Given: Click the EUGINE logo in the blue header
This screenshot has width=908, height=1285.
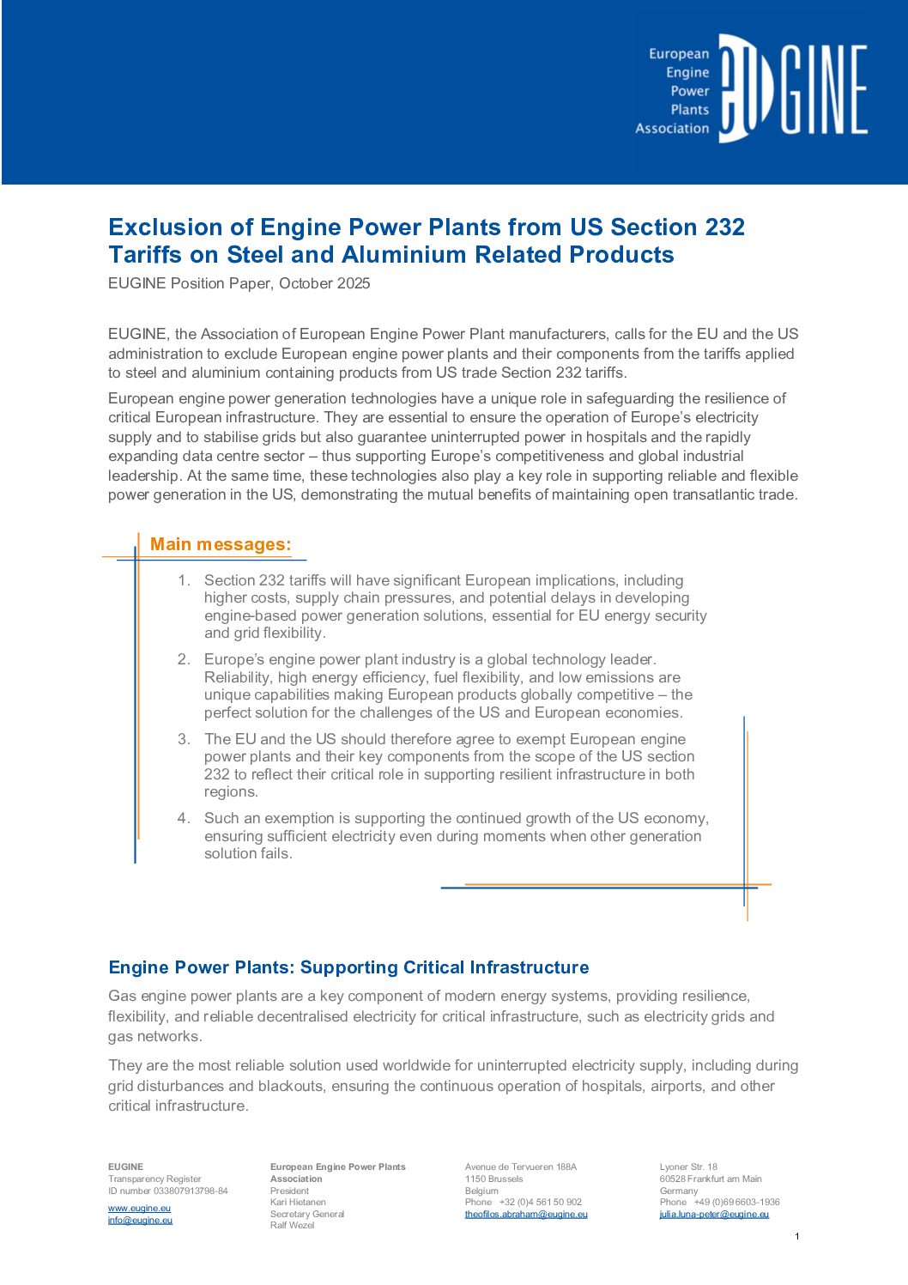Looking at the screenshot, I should [792, 88].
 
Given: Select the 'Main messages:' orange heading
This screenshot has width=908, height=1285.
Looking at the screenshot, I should [221, 544].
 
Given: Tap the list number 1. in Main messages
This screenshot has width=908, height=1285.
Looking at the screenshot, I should [184, 581].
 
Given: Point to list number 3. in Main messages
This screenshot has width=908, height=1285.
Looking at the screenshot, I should [184, 739].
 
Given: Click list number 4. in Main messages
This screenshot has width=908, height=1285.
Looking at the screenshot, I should [184, 818].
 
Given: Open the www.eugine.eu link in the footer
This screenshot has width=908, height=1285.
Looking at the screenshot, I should [139, 1209].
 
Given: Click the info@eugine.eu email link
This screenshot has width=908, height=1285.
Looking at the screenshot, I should [140, 1221].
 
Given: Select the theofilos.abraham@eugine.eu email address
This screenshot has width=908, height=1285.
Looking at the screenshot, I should [526, 1215].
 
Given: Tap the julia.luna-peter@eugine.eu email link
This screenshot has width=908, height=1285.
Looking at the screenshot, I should [714, 1215].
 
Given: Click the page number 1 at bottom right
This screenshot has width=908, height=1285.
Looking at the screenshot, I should [797, 1236].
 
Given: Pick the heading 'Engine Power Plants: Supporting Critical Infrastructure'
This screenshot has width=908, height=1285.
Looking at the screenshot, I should [348, 967].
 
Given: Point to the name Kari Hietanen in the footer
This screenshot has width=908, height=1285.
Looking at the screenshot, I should [298, 1203].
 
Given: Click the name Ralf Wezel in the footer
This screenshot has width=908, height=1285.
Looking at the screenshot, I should [292, 1226].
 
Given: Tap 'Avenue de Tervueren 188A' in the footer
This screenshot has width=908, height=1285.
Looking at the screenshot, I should [521, 1167].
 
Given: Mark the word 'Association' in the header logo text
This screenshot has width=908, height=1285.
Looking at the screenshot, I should [672, 129].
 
